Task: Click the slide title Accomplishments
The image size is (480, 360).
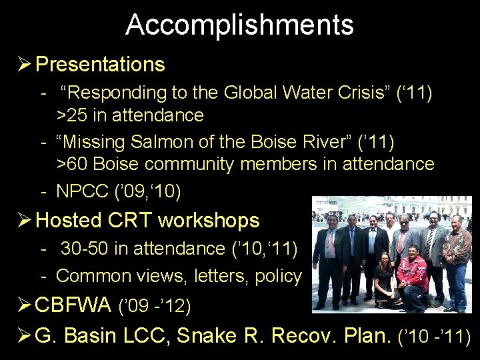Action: tap(239, 25)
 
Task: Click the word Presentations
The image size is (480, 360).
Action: tap(100, 65)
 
